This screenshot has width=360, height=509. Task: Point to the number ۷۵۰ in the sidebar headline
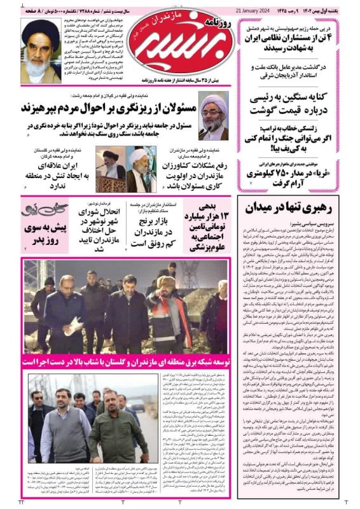[279, 173]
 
